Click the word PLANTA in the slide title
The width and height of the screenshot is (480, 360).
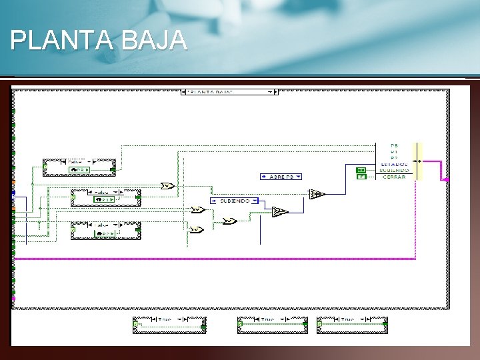[63, 41]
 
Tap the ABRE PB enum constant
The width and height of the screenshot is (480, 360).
[281, 177]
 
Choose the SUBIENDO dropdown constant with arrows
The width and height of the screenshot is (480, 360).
[233, 200]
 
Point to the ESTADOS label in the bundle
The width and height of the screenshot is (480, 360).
[395, 164]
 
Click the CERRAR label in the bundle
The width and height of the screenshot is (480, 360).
[395, 177]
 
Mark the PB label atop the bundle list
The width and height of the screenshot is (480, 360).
[395, 145]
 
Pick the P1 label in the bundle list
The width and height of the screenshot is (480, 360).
[395, 151]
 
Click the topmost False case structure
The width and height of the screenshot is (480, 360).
[79, 167]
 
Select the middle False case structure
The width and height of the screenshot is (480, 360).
[106, 196]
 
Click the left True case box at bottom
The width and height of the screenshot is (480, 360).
[169, 324]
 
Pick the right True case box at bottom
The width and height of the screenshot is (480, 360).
[353, 324]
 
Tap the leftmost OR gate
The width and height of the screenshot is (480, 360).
[167, 186]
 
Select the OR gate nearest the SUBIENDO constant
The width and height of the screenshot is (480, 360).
[229, 221]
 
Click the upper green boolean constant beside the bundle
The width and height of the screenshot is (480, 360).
[361, 169]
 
